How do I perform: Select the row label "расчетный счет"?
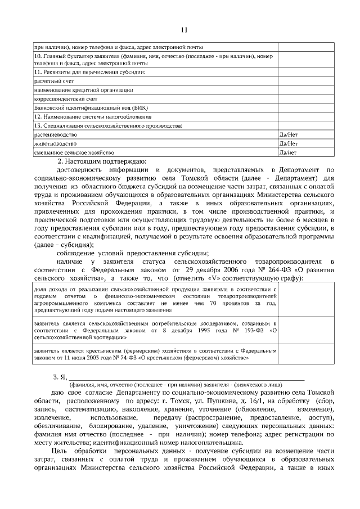tap(54, 81)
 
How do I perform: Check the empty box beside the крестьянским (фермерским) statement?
tap(306, 353)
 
